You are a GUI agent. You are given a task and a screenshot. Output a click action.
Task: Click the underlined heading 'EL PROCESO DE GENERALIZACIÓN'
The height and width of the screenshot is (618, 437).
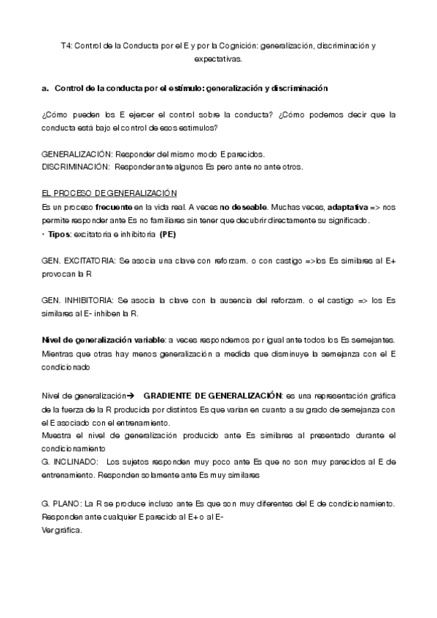(109, 193)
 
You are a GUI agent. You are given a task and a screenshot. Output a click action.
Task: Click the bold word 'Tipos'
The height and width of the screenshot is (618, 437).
(59, 234)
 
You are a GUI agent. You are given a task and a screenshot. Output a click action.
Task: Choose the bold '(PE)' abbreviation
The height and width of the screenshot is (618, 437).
(167, 234)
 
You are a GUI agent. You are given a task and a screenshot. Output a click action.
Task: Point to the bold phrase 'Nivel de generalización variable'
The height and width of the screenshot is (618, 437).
(103, 340)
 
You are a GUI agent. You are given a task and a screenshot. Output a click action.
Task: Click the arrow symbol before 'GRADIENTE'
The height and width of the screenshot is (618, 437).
(131, 395)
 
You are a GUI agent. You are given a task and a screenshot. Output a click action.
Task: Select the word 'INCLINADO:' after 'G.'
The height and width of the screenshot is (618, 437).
(77, 461)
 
